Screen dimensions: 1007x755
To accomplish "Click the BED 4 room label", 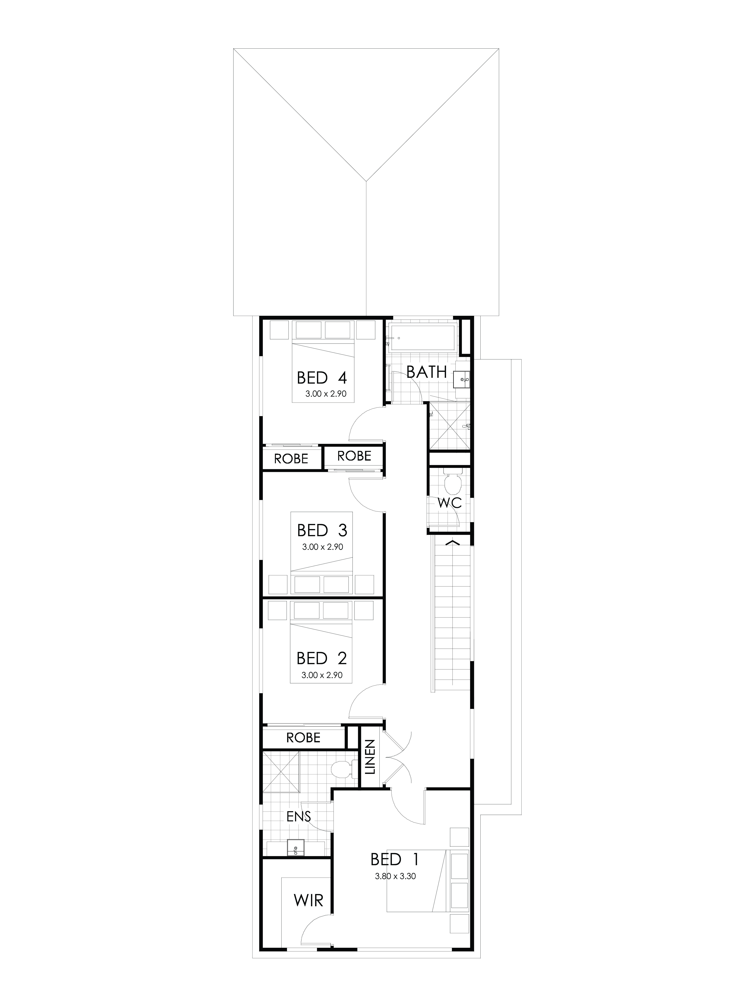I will pyautogui.click(x=322, y=378).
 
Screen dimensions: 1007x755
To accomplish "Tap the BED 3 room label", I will pyautogui.click(x=322, y=530).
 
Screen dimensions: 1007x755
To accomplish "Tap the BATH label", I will pyautogui.click(x=426, y=372).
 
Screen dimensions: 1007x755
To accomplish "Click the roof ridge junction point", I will pyautogui.click(x=367, y=179).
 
